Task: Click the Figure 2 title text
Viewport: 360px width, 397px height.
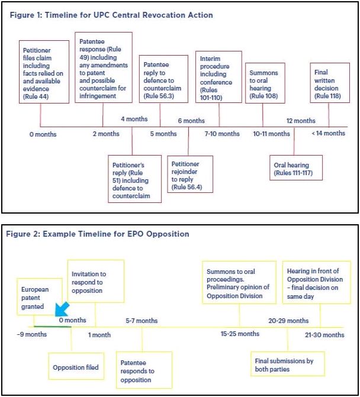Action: click(98, 234)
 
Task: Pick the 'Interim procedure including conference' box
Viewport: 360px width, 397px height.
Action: click(218, 77)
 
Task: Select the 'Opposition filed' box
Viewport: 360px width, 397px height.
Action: click(75, 367)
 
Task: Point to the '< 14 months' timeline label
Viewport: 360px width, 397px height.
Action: click(328, 134)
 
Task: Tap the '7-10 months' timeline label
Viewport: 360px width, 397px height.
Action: click(222, 134)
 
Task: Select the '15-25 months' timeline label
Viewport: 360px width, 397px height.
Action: click(240, 334)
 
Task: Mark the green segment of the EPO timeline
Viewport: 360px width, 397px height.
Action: click(52, 327)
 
